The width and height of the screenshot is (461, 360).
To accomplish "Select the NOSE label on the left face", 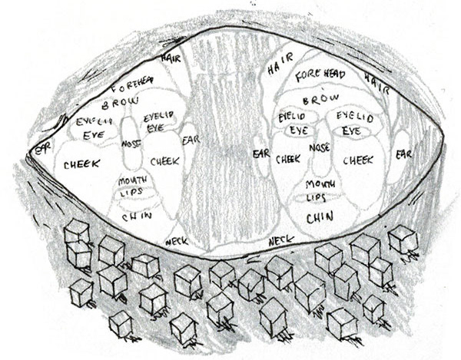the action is [131, 144].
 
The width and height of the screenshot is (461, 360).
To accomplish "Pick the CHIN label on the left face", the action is [136, 216].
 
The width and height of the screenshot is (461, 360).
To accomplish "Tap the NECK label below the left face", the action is [176, 241].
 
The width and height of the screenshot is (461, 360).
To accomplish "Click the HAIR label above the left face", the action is [170, 58].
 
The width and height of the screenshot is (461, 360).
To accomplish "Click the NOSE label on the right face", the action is [320, 146].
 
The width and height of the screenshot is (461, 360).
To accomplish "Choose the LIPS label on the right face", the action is [317, 197].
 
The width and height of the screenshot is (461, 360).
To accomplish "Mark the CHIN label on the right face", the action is [320, 218].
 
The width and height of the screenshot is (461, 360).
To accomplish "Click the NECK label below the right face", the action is [281, 241].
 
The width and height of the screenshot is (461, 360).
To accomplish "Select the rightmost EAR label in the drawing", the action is [403, 154].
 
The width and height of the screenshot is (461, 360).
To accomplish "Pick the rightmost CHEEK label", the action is [357, 160].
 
